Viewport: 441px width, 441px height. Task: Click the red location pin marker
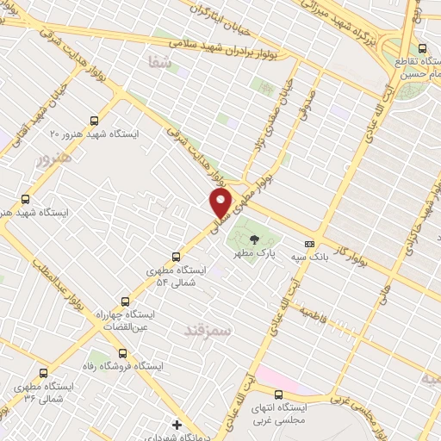[221, 203]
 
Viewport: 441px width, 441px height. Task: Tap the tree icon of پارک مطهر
[253, 240]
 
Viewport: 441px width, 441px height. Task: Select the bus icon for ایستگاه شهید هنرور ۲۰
[94, 122]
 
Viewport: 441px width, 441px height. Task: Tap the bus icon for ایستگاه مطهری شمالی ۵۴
[177, 257]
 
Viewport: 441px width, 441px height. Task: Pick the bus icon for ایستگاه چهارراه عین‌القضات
[126, 301]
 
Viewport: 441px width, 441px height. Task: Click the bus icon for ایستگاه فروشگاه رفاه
[121, 352]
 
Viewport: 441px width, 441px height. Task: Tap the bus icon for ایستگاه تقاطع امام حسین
[422, 48]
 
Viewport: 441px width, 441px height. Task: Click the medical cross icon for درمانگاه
[177, 424]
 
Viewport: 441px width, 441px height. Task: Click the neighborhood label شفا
[160, 62]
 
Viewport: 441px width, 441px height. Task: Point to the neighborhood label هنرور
[50, 158]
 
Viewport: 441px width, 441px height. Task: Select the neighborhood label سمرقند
[208, 329]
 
